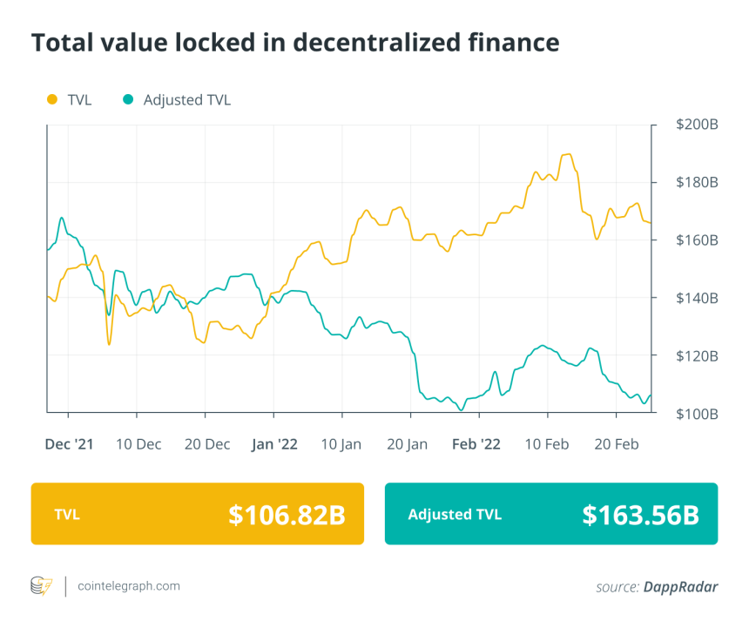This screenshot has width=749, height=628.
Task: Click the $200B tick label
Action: pyautogui.click(x=697, y=125)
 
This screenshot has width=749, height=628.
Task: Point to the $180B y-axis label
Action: pyautogui.click(x=697, y=183)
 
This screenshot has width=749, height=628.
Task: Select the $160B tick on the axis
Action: pyautogui.click(x=697, y=240)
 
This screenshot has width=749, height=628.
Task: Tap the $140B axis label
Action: pyautogui.click(x=697, y=298)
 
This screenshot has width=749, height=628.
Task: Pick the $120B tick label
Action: pyautogui.click(x=697, y=355)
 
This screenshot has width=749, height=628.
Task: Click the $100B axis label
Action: pyautogui.click(x=697, y=413)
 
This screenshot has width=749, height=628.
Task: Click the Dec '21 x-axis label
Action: pyautogui.click(x=69, y=444)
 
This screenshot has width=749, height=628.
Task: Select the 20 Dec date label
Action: pyautogui.click(x=206, y=444)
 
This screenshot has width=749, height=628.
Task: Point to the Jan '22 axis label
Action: pyautogui.click(x=274, y=444)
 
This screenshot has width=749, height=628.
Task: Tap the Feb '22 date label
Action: pyautogui.click(x=476, y=444)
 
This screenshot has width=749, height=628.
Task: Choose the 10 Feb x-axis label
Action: pyautogui.click(x=546, y=444)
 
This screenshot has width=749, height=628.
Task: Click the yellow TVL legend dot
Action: pyautogui.click(x=51, y=99)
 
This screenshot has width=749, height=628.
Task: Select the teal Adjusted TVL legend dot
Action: pyautogui.click(x=128, y=99)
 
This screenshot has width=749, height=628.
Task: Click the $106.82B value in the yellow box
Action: pyautogui.click(x=287, y=515)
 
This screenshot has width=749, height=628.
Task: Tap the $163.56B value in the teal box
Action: pyautogui.click(x=640, y=515)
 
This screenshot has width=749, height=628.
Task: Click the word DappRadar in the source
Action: pyautogui.click(x=681, y=587)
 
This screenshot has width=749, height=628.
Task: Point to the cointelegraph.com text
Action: pyautogui.click(x=129, y=586)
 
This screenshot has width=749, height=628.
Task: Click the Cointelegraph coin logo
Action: pyautogui.click(x=41, y=586)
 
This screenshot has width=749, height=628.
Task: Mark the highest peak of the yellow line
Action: pyautogui.click(x=568, y=154)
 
